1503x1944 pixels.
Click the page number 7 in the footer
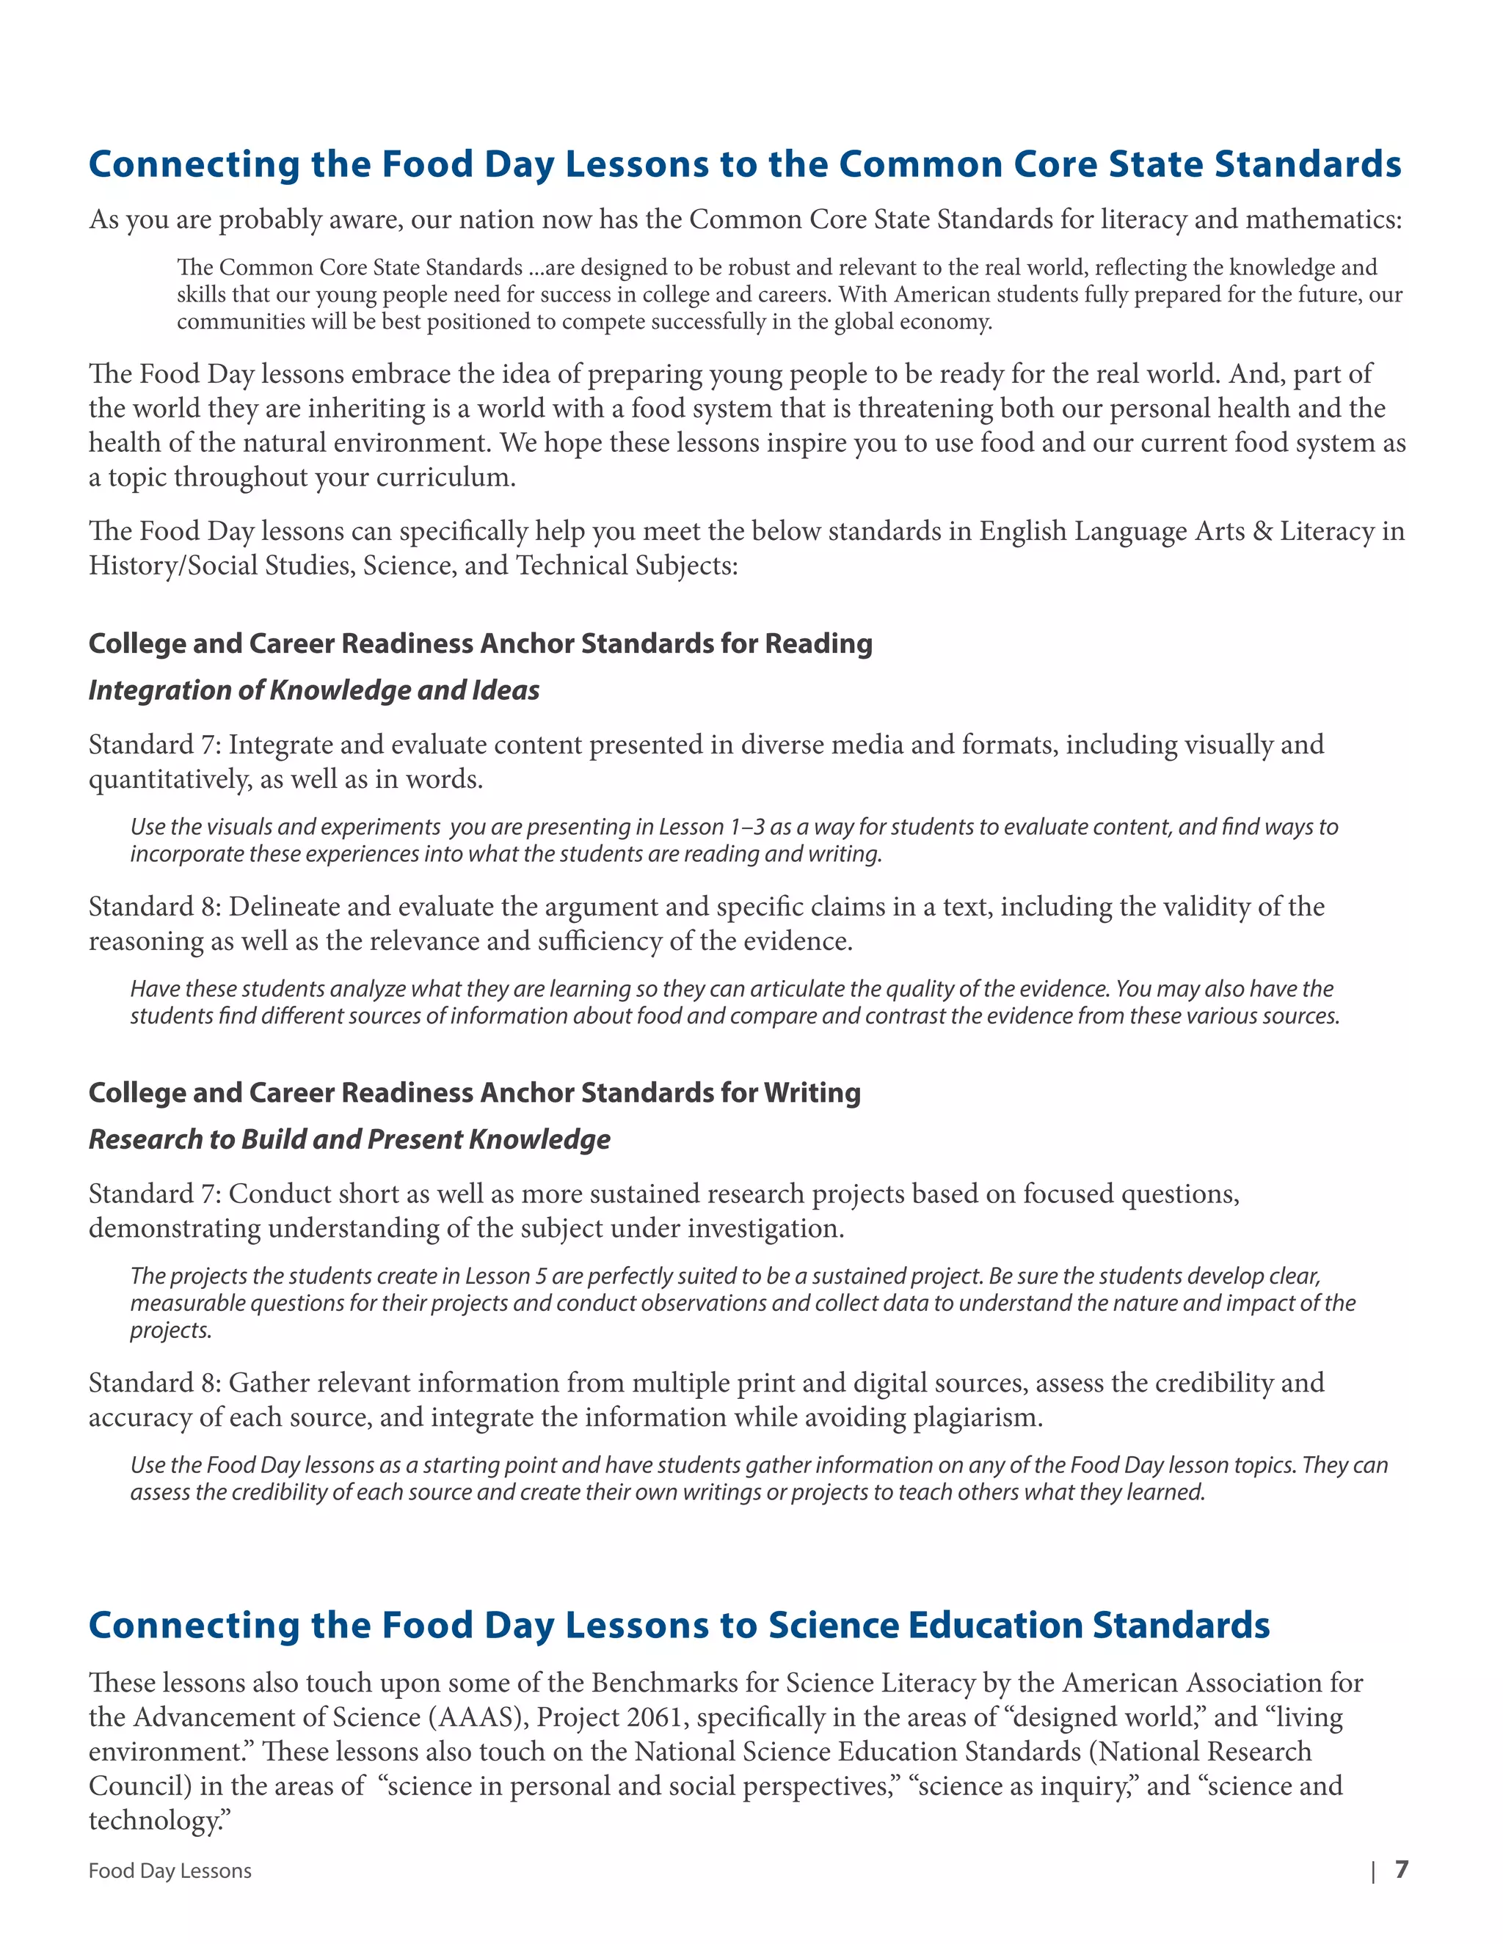click(x=1402, y=1869)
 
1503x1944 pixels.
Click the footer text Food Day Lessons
click(x=170, y=1871)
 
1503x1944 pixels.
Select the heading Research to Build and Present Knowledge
click(x=349, y=1139)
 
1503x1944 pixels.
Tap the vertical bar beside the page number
click(x=1373, y=1871)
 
